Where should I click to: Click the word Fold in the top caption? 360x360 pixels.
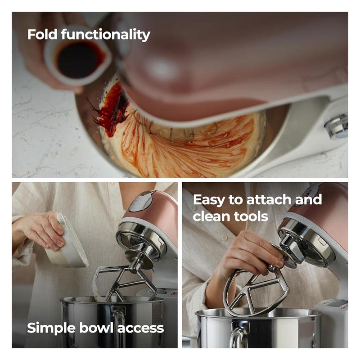[42, 35]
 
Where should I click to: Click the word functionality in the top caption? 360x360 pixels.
[106, 35]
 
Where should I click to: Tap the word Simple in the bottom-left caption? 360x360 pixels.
[51, 328]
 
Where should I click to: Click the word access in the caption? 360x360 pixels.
[141, 329]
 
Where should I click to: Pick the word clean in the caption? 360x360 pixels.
[211, 216]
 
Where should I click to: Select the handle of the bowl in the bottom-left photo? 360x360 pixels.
[120, 326]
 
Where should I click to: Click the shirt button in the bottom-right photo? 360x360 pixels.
[224, 238]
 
